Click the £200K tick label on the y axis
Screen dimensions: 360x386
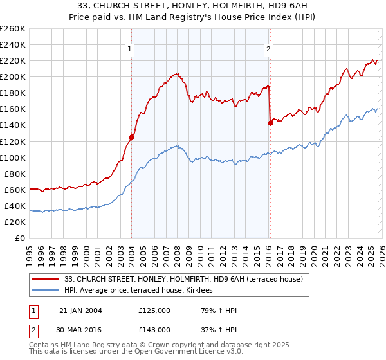coord(13,76)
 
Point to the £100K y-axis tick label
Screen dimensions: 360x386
coord(13,157)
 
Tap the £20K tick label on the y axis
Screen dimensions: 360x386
coord(15,222)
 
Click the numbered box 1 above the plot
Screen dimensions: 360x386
coord(129,48)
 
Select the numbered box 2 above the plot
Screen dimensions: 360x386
coord(268,48)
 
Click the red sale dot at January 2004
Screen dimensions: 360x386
coord(131,136)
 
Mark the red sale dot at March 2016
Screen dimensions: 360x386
coord(270,123)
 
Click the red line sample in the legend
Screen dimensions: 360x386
coord(45,278)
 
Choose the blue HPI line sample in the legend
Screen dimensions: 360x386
coord(45,291)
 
